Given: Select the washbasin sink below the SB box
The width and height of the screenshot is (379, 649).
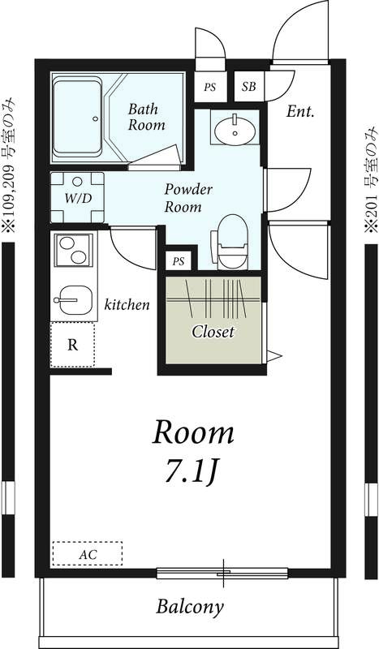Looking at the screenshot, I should tap(235, 127).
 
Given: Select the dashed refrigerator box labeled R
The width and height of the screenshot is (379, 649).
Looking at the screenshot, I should tap(72, 345).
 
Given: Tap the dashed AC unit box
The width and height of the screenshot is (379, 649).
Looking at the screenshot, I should tap(87, 554).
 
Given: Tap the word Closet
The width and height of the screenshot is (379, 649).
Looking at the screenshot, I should tap(213, 332).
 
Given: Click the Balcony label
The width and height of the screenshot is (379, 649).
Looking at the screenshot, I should tap(190, 606).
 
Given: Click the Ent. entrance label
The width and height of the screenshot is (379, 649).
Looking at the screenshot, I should tap(300, 111).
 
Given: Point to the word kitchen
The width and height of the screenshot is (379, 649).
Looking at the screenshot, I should tap(127, 305).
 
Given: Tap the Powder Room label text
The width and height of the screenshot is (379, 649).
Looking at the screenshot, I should tap(188, 198).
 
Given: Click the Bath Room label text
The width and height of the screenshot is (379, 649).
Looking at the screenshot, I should tap(146, 116).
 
